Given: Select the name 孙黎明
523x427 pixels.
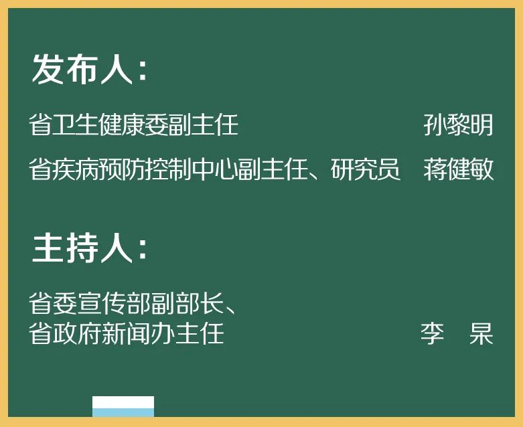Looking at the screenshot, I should coord(459,125).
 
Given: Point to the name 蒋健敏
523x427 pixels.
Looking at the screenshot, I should coord(459,170).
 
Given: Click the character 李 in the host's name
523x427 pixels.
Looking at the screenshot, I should coord(432,333).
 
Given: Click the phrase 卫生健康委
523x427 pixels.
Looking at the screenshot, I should coord(110,125).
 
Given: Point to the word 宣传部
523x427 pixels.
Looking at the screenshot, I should coord(110,305).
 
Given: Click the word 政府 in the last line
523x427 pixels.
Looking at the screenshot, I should coord(75,333).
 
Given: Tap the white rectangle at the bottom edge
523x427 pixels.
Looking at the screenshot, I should coord(123,402).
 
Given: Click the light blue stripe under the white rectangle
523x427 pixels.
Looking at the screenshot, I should coord(123,413).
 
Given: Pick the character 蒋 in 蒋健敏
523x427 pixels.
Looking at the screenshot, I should coord(436,170).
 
